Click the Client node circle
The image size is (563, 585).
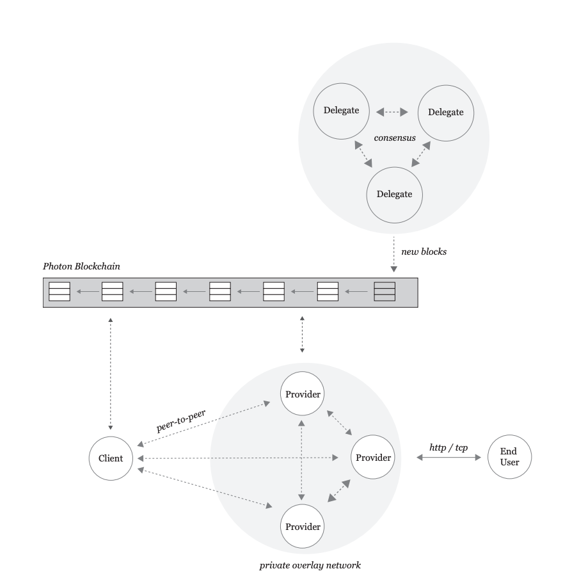coord(111,458)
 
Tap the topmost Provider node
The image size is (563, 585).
coord(301,393)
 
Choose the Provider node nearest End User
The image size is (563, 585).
coord(372,458)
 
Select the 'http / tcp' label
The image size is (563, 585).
coord(449,447)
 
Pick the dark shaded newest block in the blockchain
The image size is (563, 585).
coord(385,292)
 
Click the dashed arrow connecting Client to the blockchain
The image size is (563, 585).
coord(111,372)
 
